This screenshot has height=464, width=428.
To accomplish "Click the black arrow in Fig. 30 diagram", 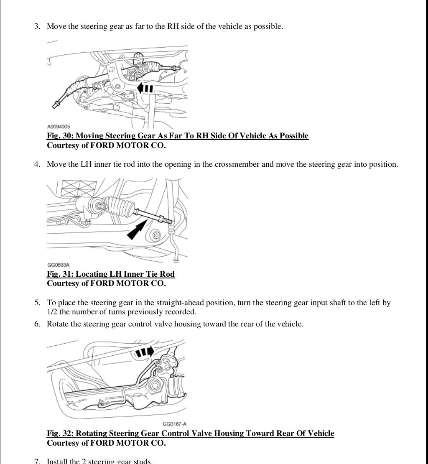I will (145, 89).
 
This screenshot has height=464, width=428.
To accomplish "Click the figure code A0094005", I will (59, 127).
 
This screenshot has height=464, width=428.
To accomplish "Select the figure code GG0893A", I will (58, 265).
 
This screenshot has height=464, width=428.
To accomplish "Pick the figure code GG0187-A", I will (174, 424).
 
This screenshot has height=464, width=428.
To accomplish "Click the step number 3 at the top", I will (37, 26).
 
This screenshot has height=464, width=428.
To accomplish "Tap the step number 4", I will (37, 164).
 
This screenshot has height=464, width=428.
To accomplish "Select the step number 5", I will (37, 303).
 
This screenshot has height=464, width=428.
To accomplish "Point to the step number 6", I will (37, 324).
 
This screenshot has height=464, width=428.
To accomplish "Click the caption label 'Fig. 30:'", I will (60, 136).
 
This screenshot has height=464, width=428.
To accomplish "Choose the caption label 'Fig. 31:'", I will (60, 274).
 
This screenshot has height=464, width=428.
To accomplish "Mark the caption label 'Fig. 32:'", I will (60, 433).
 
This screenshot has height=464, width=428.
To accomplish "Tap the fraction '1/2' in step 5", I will (52, 312).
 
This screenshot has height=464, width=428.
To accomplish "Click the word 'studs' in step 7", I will (143, 461).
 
